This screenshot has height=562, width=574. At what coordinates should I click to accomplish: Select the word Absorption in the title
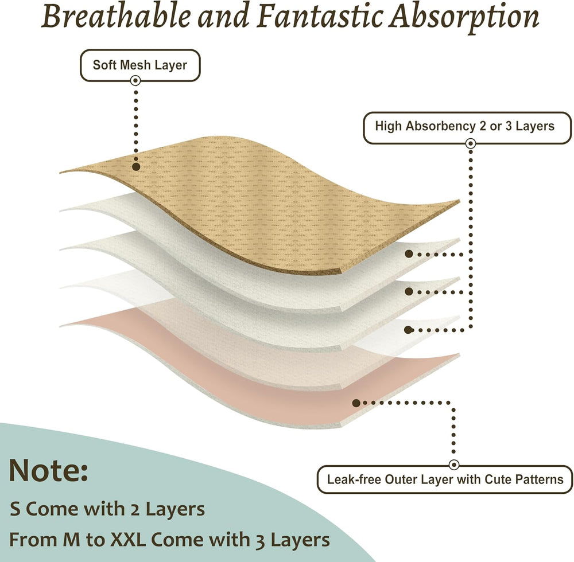click(x=464, y=19)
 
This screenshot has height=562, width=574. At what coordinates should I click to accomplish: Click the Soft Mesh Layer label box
click(x=140, y=65)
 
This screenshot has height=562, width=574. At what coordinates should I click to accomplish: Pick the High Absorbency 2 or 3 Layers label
click(x=467, y=127)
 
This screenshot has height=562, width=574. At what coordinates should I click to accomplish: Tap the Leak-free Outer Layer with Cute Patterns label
click(x=445, y=479)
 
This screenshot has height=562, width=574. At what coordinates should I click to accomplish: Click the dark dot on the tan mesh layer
click(x=136, y=167)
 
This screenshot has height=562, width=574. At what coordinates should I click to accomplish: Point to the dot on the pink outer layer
click(x=356, y=403)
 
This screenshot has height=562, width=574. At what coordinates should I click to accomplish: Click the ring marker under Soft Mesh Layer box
click(x=135, y=80)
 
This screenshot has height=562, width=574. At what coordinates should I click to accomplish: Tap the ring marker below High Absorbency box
click(x=471, y=143)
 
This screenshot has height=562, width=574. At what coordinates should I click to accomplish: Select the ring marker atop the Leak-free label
click(x=454, y=465)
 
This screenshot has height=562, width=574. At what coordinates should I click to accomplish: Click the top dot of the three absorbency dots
click(x=409, y=253)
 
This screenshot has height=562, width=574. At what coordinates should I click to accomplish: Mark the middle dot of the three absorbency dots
click(x=409, y=291)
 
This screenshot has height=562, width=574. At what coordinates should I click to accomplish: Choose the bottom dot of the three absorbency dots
click(x=409, y=330)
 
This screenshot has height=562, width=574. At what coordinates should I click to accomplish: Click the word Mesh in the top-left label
click(x=135, y=65)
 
